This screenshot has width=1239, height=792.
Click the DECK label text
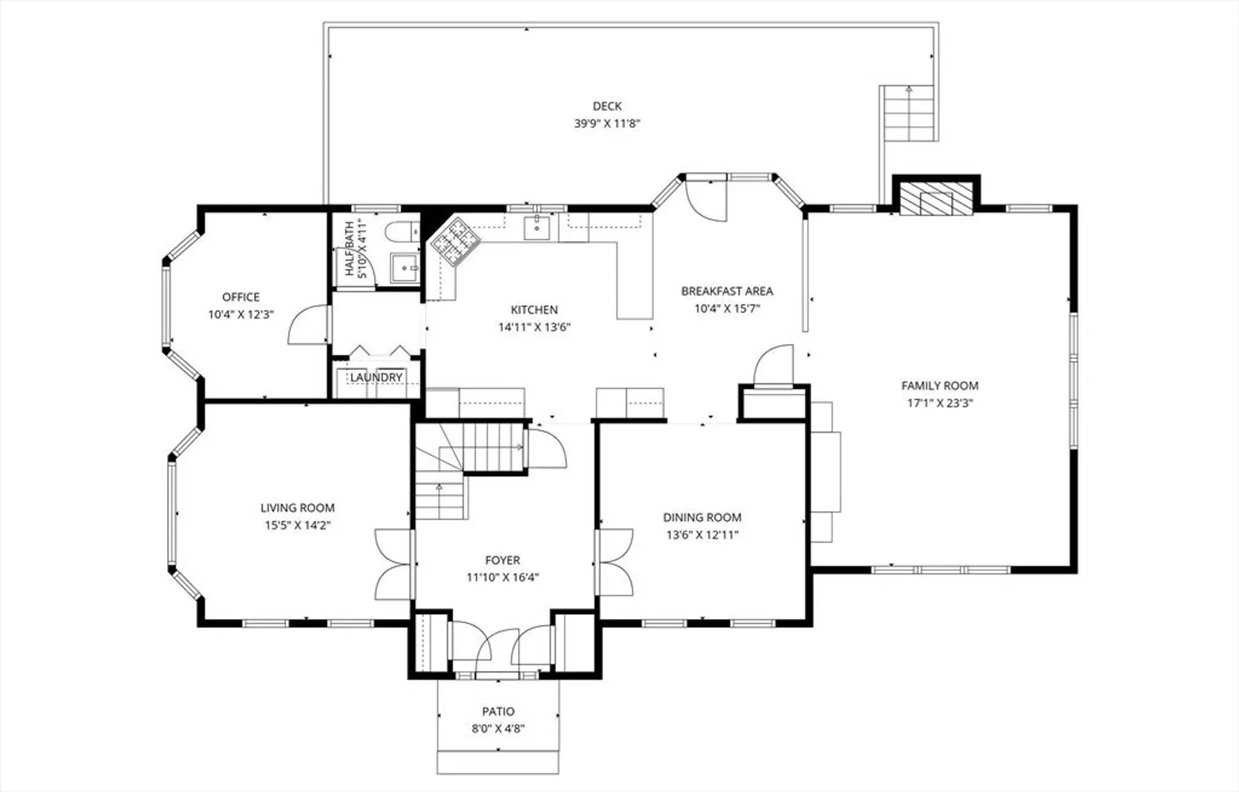click(x=607, y=106)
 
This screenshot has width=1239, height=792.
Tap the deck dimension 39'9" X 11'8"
click(x=607, y=123)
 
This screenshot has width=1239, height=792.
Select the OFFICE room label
click(x=240, y=297)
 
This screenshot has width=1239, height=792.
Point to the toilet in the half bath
click(x=402, y=231)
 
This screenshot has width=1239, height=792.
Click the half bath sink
click(x=405, y=268)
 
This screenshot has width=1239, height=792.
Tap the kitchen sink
click(x=536, y=227)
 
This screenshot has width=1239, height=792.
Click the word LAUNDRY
click(x=376, y=378)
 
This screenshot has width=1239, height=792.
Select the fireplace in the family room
click(x=936, y=199)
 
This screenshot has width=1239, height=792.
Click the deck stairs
click(x=909, y=113)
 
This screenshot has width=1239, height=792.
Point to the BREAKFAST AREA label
click(x=727, y=291)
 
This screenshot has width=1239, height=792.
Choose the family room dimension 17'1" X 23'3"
click(x=940, y=403)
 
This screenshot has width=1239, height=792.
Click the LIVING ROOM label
click(x=297, y=507)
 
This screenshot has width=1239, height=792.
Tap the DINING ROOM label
click(x=703, y=518)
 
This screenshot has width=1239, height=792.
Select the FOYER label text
click(x=502, y=560)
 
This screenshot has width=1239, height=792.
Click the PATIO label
click(x=498, y=711)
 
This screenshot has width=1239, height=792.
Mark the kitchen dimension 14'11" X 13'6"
click(x=534, y=327)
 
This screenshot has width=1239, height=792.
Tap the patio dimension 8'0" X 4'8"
click(x=498, y=728)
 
